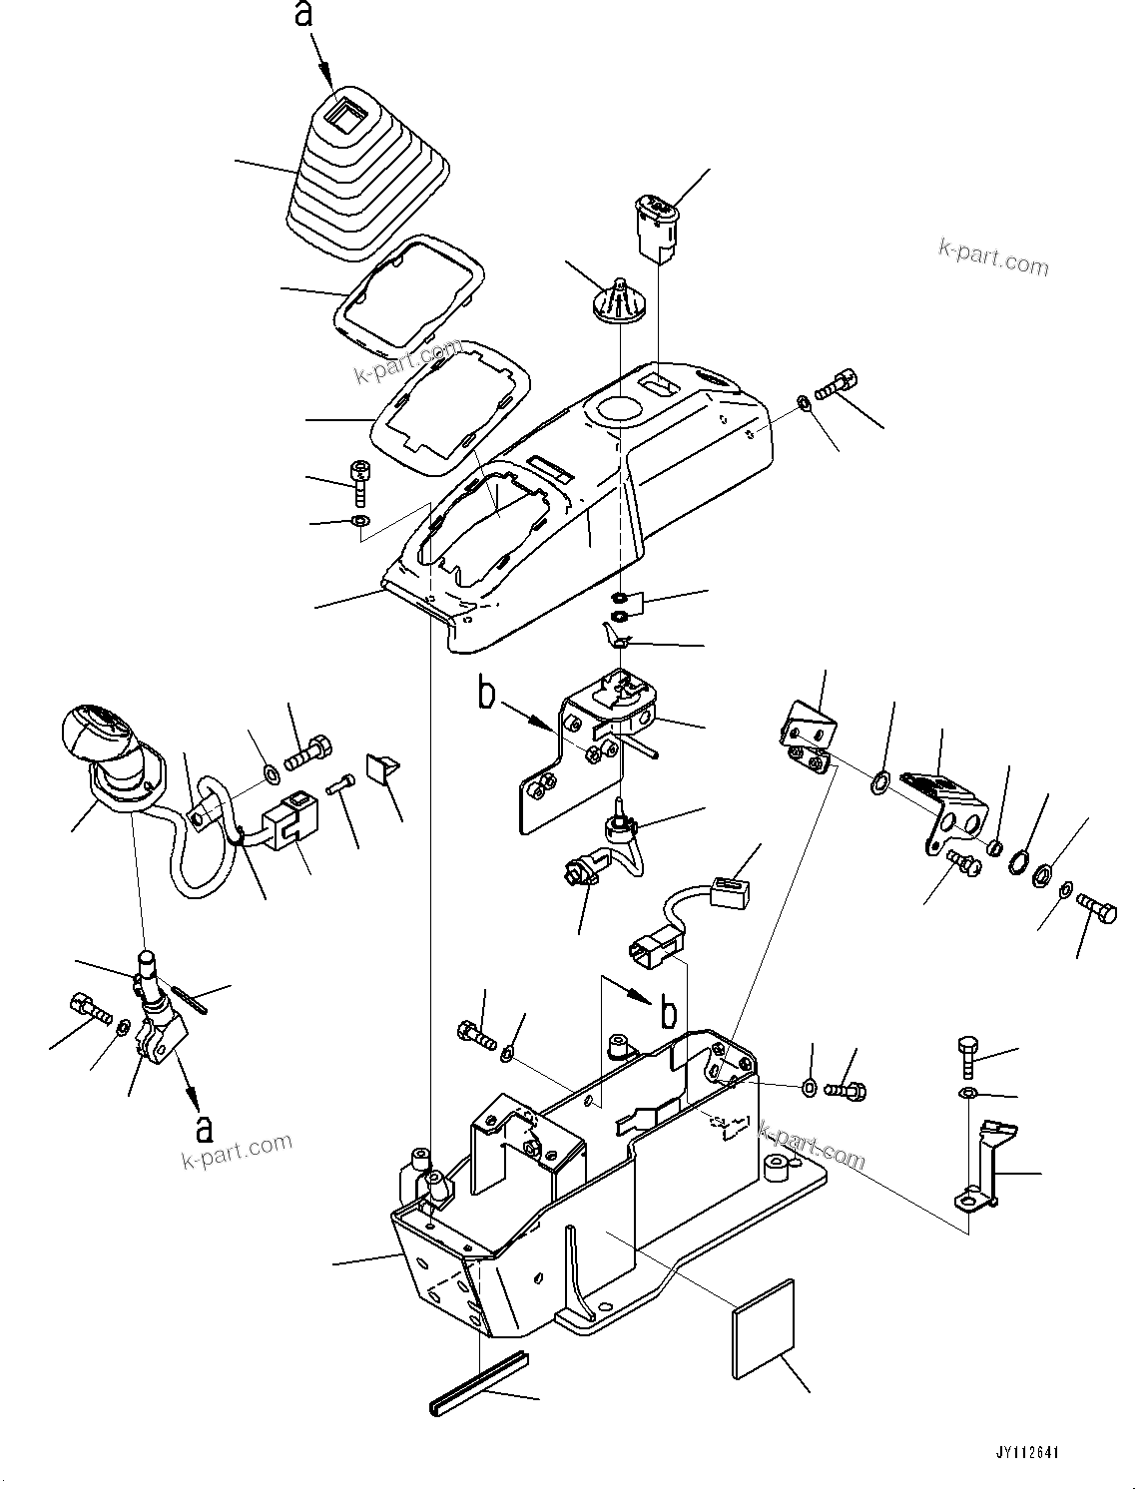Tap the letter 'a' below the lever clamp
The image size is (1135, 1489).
point(206,1127)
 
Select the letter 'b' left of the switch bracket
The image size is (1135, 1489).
point(487,694)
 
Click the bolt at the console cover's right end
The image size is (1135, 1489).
point(838,383)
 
